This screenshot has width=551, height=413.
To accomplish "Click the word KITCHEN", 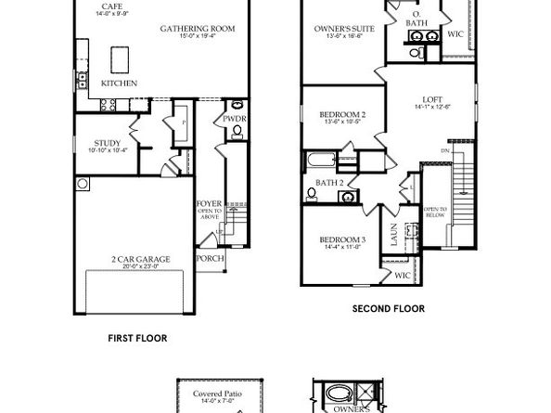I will point(120,84).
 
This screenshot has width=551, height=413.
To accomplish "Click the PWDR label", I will point(234,119).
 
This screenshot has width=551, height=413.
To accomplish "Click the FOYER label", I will point(209,203).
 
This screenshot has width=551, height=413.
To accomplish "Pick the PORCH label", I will point(210,258).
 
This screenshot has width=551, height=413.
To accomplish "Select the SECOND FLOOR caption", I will point(389,308).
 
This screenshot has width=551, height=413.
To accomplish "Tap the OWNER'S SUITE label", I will point(343,29).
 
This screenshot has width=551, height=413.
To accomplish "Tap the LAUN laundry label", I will point(393,239).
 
